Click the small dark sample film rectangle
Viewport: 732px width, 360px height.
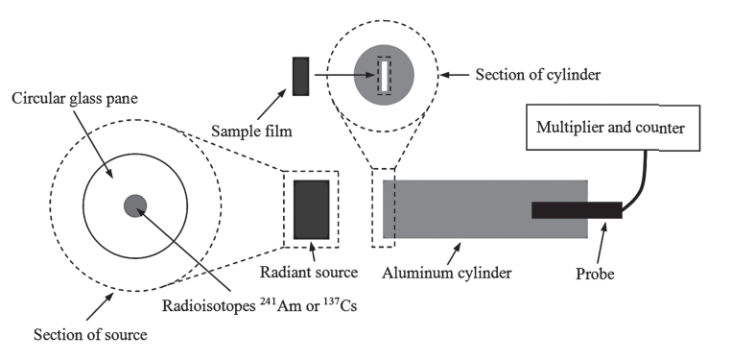click(x=300, y=76)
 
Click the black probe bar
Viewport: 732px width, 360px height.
click(x=576, y=209)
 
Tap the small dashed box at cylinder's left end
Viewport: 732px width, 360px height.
click(x=383, y=208)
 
